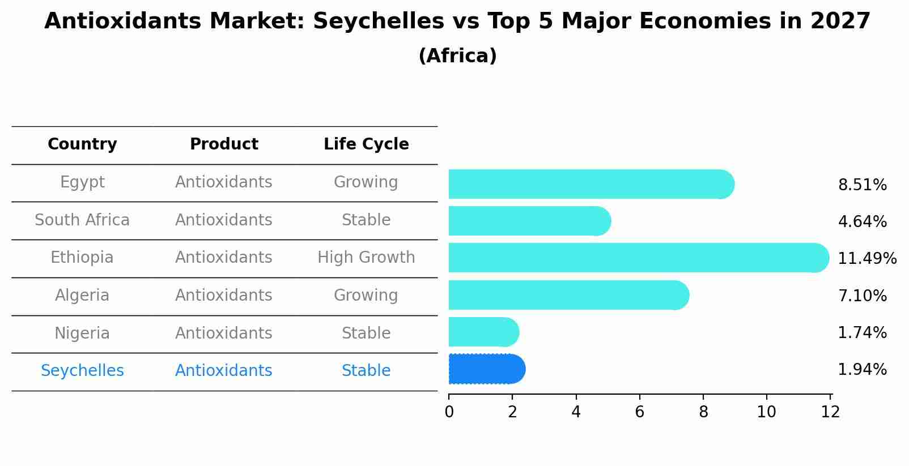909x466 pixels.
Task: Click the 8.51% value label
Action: coord(862,185)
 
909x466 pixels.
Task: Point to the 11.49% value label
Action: coord(866,259)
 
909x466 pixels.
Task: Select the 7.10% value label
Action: coord(862,296)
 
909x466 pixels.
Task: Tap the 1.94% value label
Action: coord(862,370)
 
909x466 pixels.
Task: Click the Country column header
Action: coord(82,144)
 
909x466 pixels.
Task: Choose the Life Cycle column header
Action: coord(366,144)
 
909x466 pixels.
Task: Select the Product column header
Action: coord(224,144)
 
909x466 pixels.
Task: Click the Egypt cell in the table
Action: coord(82,182)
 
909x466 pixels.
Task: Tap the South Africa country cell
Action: coord(82,220)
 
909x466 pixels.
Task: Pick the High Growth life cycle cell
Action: coord(366,258)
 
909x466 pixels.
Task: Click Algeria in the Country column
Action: coord(82,296)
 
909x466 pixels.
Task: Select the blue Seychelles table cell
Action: coord(82,371)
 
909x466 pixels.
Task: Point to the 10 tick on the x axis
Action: coord(766,412)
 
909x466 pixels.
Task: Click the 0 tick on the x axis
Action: coord(449,412)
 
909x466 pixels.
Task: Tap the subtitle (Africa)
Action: coord(457,56)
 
